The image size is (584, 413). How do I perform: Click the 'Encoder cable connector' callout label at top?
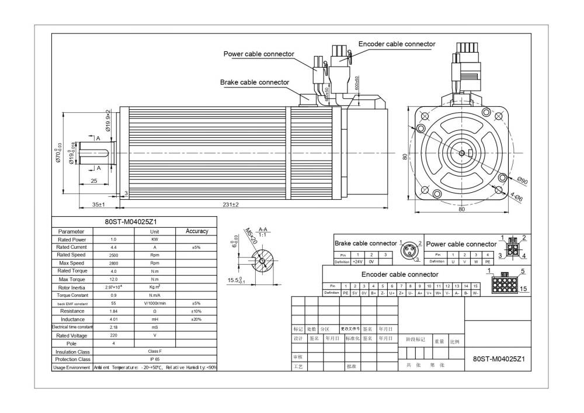point(397,44)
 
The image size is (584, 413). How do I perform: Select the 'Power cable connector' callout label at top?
point(259,54)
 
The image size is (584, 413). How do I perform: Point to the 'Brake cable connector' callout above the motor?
point(254,82)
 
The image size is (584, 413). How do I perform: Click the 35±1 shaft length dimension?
point(98,205)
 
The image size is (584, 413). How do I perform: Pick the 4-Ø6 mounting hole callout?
point(516,197)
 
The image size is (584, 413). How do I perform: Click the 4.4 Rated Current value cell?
point(113,248)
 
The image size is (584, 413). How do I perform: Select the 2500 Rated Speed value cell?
point(113,255)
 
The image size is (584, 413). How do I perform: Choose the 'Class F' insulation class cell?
point(155,352)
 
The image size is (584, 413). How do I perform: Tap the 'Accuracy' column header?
point(197,231)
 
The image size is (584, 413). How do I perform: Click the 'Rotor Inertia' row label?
point(72,287)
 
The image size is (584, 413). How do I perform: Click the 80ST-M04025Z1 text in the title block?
point(498,359)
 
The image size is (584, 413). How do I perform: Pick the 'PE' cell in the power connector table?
point(488,262)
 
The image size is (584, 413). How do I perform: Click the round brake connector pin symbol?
point(411,251)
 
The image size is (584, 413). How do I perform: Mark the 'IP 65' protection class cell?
point(155,359)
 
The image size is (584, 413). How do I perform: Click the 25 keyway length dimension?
point(94,181)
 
